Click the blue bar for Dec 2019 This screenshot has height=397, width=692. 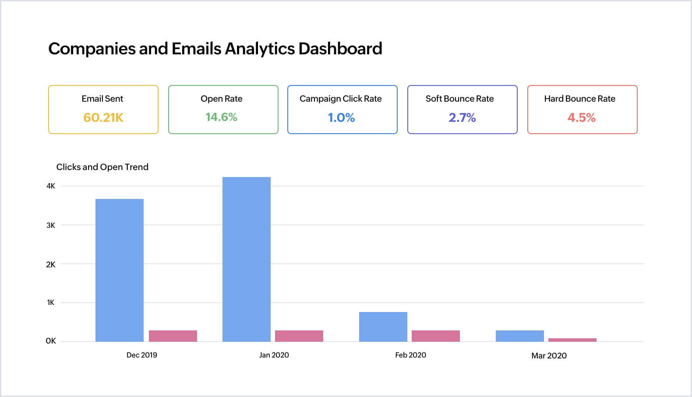click(119, 270)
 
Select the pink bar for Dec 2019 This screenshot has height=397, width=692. click(173, 336)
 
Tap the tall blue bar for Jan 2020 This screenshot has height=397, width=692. click(246, 259)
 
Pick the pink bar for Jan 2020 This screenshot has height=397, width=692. click(299, 336)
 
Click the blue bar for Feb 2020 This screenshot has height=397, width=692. click(383, 326)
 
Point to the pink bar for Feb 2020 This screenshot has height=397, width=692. click(435, 336)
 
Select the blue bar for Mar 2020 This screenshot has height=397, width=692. click(519, 336)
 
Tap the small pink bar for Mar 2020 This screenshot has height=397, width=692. click(572, 340)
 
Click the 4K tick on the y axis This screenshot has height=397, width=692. click(51, 186)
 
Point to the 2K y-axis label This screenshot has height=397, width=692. click(51, 264)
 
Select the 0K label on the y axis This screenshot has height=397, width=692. click(51, 341)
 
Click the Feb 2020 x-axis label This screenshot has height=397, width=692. click(410, 355)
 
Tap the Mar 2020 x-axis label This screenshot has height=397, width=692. click(549, 355)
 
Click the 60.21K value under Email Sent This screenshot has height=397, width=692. click(103, 117)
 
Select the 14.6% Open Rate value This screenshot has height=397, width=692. click(221, 117)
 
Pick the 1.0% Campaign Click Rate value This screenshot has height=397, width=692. click(341, 117)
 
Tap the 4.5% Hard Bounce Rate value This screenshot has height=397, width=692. click(581, 117)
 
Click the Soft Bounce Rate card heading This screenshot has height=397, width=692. click(459, 99)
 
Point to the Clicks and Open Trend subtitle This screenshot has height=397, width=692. click(102, 167)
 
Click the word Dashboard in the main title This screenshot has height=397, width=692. click(340, 49)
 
